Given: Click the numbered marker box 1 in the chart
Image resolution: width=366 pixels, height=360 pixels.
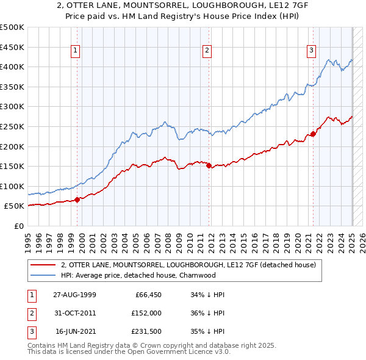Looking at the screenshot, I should (75, 51).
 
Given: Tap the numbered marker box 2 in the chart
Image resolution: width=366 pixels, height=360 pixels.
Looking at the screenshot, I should (207, 51).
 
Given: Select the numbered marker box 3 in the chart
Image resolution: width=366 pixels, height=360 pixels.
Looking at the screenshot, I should (311, 51).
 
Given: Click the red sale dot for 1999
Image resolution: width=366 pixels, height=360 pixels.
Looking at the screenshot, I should (77, 199).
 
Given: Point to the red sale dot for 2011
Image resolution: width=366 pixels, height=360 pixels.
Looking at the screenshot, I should (209, 165).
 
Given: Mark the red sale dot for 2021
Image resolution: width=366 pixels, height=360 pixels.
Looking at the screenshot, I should (313, 134).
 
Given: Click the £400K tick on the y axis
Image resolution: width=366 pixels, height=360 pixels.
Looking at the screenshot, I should (12, 67).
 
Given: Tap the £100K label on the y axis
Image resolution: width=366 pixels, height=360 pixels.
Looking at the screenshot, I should (12, 186).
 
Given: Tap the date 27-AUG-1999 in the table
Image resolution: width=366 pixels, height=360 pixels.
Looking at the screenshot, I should (74, 295).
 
